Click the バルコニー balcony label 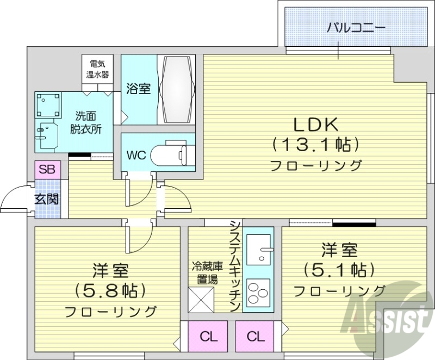[356, 27]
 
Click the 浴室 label [139, 89]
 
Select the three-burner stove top [257, 293]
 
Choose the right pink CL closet [253, 337]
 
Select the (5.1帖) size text [339, 270]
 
